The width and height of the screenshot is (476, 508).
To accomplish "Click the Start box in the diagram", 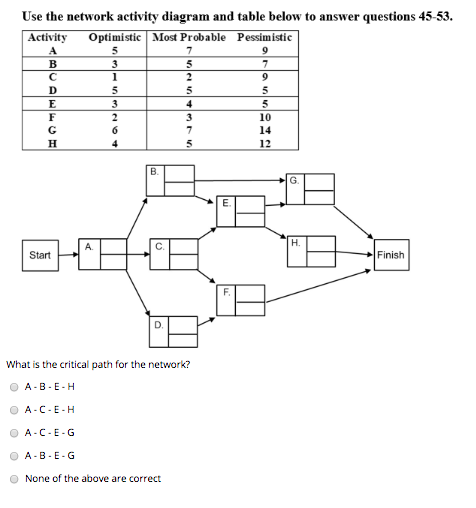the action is pyautogui.click(x=40, y=255).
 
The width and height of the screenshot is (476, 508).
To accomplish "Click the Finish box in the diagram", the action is pyautogui.click(x=391, y=255).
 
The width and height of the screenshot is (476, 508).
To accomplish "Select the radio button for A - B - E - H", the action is pyautogui.click(x=14, y=387).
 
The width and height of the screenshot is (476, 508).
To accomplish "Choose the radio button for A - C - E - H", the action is pyautogui.click(x=14, y=410).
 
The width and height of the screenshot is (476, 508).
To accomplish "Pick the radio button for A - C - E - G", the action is pyautogui.click(x=14, y=433).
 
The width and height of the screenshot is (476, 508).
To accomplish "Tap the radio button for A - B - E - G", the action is pyautogui.click(x=14, y=455).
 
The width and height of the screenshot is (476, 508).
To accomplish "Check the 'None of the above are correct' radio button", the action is pyautogui.click(x=14, y=478).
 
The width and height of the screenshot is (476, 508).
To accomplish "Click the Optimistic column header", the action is pyautogui.click(x=117, y=37).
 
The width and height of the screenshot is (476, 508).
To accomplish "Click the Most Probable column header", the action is pyautogui.click(x=190, y=37).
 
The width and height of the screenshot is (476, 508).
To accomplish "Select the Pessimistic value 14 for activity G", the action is pyautogui.click(x=265, y=130).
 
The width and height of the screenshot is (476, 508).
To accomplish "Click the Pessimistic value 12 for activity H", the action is pyautogui.click(x=265, y=143).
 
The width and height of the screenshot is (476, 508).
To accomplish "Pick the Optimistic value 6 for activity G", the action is pyautogui.click(x=117, y=130).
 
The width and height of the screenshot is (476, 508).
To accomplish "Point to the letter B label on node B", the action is pyautogui.click(x=153, y=171).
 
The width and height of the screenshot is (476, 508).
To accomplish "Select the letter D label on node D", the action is pyautogui.click(x=158, y=324).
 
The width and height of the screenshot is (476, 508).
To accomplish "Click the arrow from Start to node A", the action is pyautogui.click(x=67, y=255).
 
